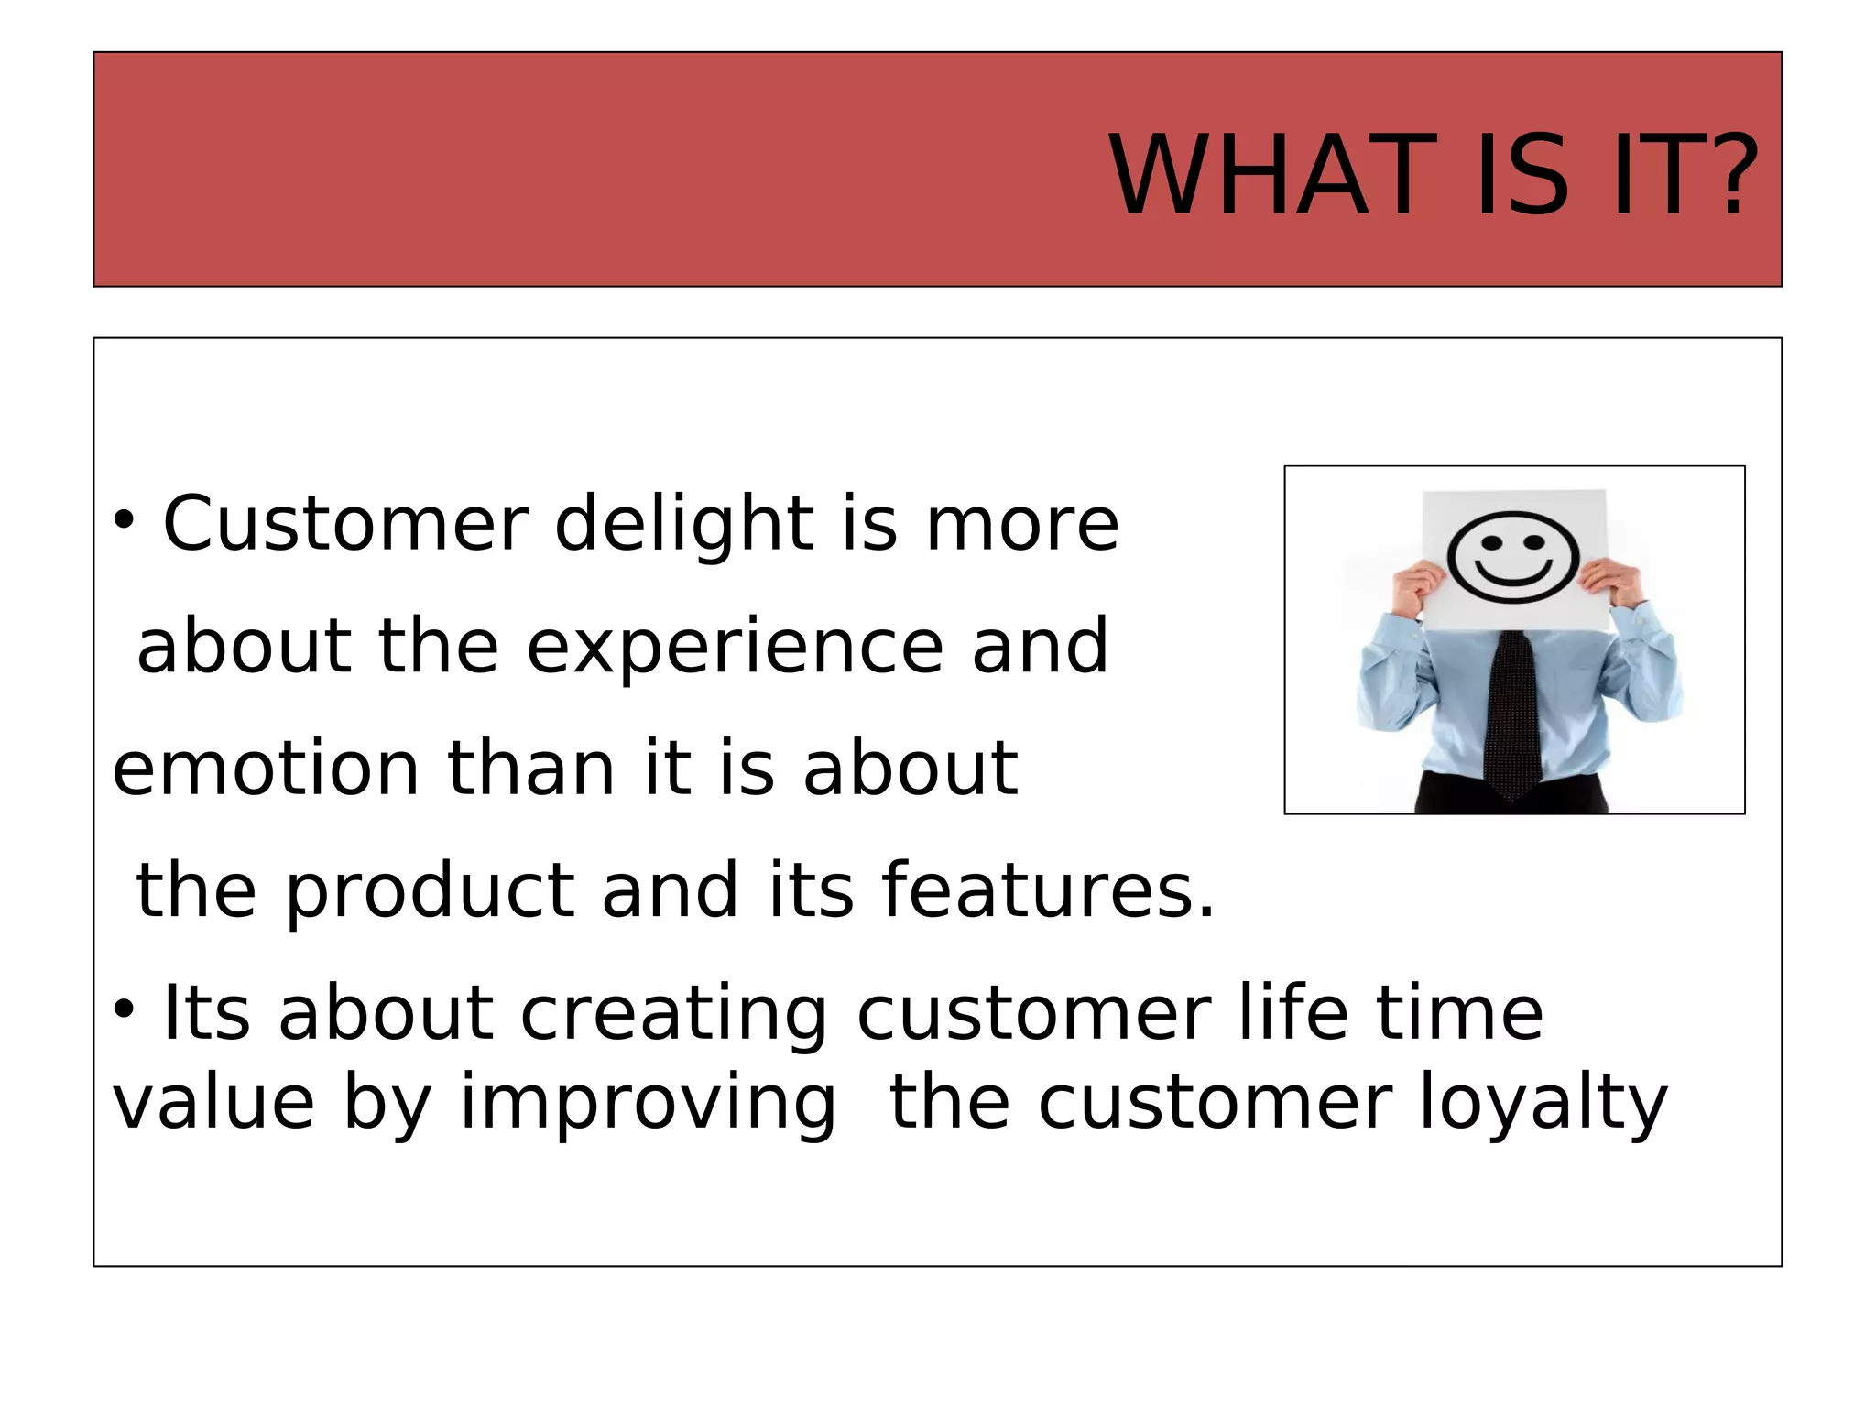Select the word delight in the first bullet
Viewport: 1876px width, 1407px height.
684,526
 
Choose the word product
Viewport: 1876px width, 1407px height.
430,892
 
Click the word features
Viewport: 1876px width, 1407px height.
1047,890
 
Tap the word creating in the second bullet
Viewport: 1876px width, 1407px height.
674,1013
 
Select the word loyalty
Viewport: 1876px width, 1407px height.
1543,1105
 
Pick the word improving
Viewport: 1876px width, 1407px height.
648,1105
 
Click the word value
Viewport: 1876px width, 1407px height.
213,1103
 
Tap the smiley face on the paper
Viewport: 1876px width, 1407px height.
1512,557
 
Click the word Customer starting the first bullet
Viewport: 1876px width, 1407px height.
345,524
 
